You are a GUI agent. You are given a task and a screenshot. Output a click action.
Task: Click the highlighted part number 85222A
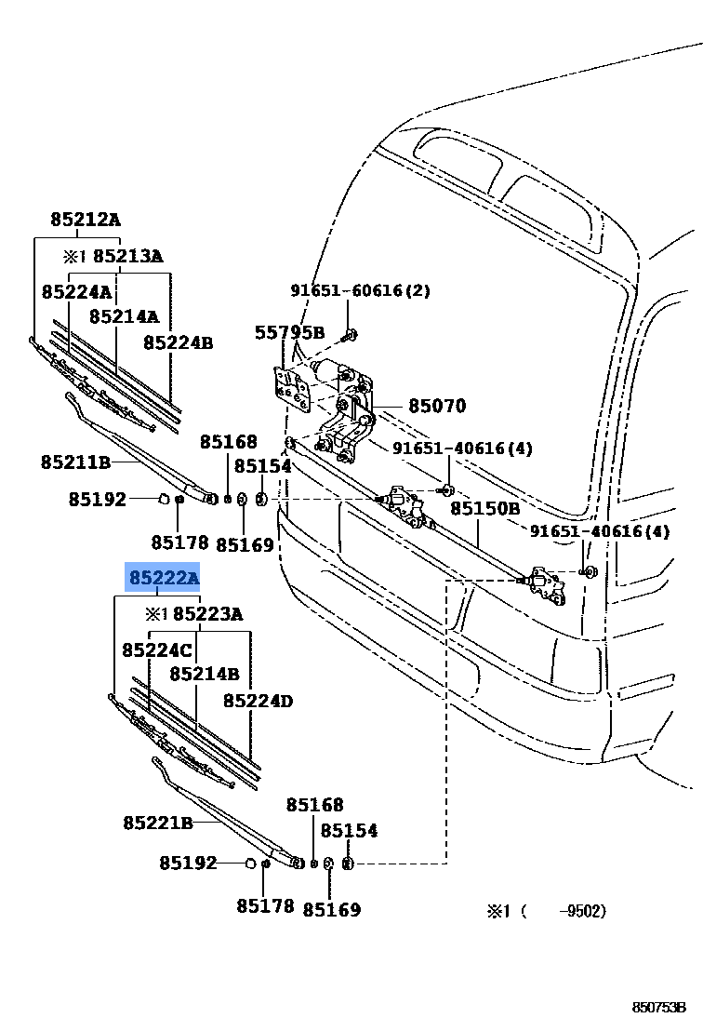tap(164, 578)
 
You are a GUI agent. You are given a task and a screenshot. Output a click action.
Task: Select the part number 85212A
tap(86, 219)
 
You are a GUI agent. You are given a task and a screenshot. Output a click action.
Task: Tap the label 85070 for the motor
tap(437, 406)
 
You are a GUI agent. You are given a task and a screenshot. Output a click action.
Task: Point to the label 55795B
tap(290, 333)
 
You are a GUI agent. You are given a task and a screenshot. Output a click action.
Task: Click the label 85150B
tap(484, 508)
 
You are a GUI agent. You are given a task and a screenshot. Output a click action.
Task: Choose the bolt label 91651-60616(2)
tap(360, 290)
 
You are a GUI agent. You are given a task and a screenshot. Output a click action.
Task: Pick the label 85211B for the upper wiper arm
tap(75, 462)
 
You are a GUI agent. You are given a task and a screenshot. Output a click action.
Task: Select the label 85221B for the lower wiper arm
tap(158, 823)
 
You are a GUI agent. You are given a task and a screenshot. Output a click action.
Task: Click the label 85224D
tap(258, 701)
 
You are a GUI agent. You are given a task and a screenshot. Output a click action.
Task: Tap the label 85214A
tap(125, 317)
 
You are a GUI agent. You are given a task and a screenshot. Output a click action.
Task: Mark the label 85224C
tap(157, 650)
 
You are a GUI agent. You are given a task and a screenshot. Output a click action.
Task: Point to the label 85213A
tap(127, 256)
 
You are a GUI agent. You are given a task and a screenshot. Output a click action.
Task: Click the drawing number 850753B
tap(659, 1008)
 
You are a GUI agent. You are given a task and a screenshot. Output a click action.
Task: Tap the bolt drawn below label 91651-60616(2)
tap(349, 335)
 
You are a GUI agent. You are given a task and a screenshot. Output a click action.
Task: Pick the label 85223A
tap(207, 614)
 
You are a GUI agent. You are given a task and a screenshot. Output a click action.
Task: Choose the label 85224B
tap(178, 342)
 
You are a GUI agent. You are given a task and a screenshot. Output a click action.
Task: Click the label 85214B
tap(205, 674)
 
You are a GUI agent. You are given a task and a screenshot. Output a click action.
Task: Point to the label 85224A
tap(77, 291)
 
